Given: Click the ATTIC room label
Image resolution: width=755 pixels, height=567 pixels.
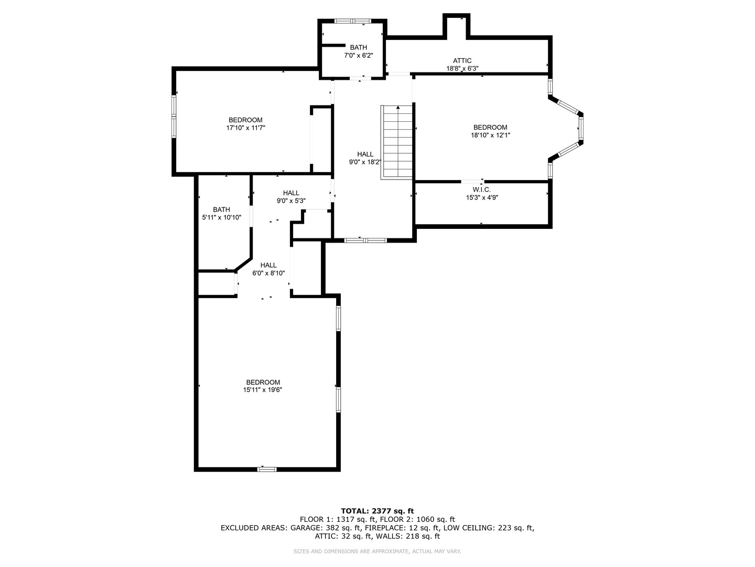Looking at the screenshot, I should (x=462, y=60).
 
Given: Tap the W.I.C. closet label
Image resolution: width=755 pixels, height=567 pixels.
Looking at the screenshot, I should (x=481, y=190).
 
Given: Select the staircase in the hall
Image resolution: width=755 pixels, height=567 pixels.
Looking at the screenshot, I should (x=397, y=142).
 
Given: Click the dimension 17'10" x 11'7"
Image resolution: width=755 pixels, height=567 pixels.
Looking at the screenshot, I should (x=245, y=128).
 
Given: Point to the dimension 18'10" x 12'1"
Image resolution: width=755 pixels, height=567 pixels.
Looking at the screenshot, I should (x=490, y=135).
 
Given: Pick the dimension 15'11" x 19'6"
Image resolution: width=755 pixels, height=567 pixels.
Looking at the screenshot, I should (x=263, y=390).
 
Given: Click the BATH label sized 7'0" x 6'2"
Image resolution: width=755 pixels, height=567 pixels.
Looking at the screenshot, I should (x=359, y=48).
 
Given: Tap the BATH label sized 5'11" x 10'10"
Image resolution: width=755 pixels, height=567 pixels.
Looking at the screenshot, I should (x=221, y=209).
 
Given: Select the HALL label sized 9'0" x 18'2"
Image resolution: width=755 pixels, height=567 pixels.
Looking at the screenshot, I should (x=365, y=154).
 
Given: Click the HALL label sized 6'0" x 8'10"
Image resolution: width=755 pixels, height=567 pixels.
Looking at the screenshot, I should (x=268, y=265).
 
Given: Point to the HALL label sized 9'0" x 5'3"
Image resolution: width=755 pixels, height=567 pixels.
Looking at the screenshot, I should (x=291, y=193).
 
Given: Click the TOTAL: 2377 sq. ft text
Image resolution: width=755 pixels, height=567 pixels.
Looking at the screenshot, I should (x=377, y=511).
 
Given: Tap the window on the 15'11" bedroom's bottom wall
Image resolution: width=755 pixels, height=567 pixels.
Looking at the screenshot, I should (x=266, y=469).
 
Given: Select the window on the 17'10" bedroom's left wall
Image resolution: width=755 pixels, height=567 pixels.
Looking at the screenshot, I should (x=174, y=116).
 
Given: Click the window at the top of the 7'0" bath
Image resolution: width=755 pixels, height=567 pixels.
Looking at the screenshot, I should (x=353, y=21).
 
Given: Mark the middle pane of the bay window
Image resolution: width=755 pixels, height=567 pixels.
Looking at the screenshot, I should (x=580, y=128).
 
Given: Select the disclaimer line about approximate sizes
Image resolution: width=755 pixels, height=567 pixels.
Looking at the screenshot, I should (x=377, y=551).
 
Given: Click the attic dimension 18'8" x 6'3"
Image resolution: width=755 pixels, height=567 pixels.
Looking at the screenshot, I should (x=462, y=68).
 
